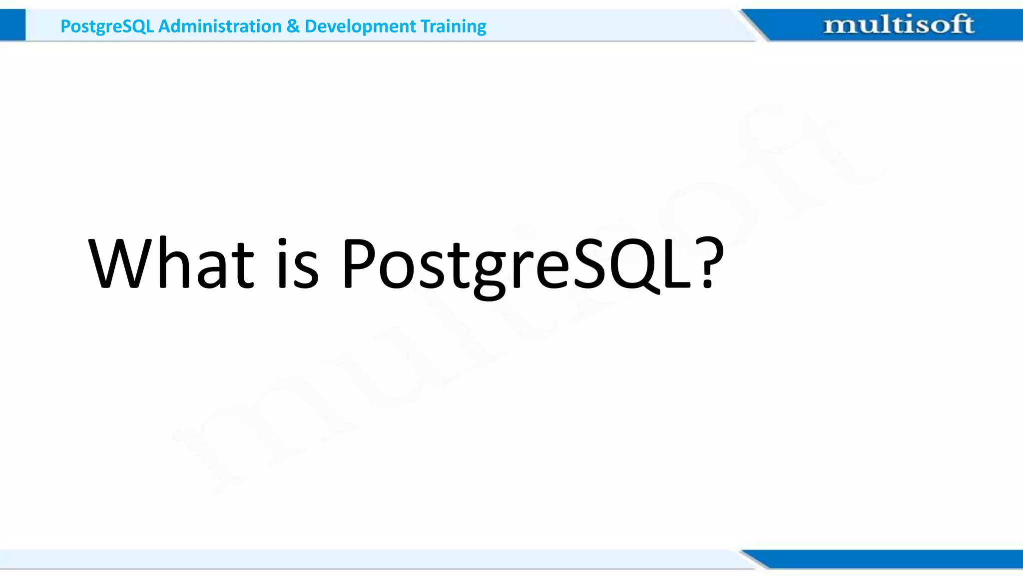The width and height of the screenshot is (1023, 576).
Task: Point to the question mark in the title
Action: coord(710,262)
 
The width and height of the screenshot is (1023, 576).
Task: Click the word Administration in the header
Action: coord(220,26)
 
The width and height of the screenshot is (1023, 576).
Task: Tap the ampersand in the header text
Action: coord(293,26)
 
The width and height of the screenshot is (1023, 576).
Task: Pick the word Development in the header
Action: coord(360,26)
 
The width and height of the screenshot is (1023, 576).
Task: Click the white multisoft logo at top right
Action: coord(898,24)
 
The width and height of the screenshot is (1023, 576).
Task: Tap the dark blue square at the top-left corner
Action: coord(12,25)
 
